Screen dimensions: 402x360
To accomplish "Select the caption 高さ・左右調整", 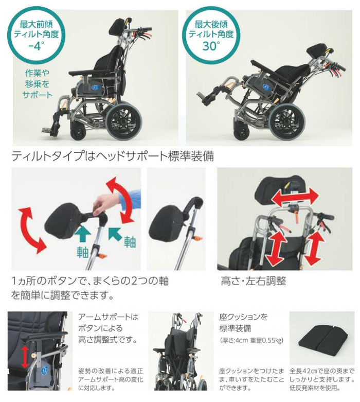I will pyautogui.click(x=253, y=282).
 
